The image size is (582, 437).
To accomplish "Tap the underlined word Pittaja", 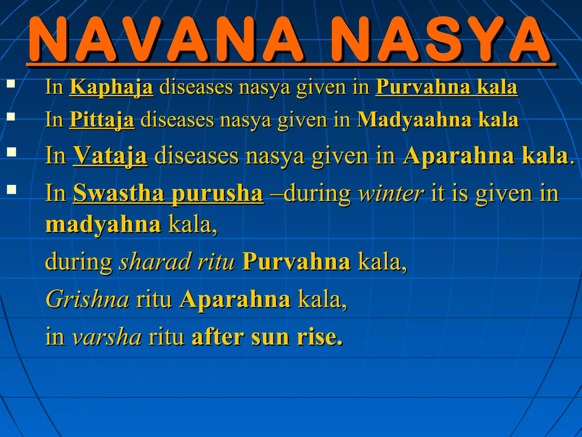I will click(102, 119).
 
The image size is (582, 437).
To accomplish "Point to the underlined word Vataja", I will click(110, 155).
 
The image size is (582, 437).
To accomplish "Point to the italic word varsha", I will click(107, 337).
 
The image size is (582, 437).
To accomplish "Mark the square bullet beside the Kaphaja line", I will click(11, 84).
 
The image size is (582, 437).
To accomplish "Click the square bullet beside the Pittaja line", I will click(11, 117).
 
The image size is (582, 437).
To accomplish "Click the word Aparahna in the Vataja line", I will click(458, 155).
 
